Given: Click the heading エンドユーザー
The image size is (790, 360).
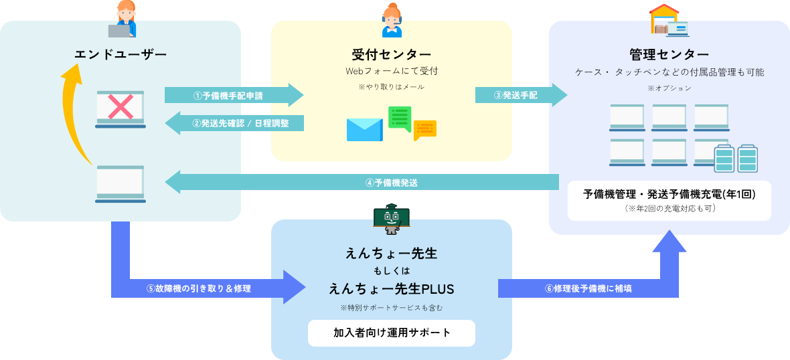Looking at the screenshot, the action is tap(120, 54).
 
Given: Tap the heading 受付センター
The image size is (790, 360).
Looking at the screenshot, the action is tap(391, 54).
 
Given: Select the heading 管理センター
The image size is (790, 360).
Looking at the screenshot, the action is tap(669, 54).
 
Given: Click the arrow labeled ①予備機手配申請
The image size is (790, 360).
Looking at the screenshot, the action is tap(234, 95).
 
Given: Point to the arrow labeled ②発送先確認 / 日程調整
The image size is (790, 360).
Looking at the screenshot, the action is tap(234, 123).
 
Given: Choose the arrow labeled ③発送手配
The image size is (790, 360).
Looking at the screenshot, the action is tap(521, 95).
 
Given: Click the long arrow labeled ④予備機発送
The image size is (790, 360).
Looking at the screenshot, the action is tap(362, 182).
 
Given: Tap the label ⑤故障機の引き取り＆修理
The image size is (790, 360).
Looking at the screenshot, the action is tap(199, 289).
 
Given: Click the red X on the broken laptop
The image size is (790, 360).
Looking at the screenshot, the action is tap(121, 106).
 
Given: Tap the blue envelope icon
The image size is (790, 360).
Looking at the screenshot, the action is tap(365, 129).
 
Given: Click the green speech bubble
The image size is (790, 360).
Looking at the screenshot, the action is tap(400, 119).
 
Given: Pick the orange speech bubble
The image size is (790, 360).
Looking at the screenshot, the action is tap(424, 130).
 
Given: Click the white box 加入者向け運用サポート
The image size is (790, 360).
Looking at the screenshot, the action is tap(392, 333).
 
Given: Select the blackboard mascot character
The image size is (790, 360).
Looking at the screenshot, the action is tap(392, 219).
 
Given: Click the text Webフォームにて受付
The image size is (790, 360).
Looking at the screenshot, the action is tap(391, 70).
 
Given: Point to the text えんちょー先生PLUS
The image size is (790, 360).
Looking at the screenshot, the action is tap(392, 289).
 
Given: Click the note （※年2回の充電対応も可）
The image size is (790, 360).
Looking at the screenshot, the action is tap(669, 207).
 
